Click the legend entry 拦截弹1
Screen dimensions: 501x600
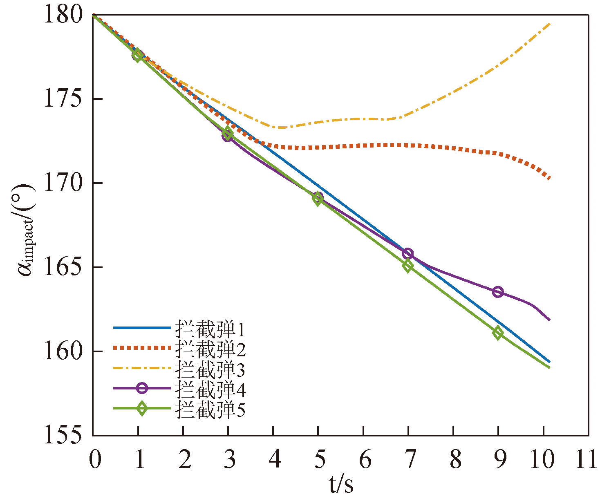(210, 329)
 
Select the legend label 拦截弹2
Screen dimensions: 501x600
(210, 349)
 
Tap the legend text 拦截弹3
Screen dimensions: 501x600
(210, 369)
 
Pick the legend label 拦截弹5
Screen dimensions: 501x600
(210, 409)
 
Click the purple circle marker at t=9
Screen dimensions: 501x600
(498, 292)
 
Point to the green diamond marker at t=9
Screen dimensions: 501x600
(498, 333)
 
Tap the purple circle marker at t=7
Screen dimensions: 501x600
(407, 254)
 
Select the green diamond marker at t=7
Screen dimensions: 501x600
(407, 266)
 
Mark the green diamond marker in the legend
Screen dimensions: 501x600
(141, 408)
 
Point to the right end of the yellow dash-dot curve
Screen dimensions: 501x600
(550, 24)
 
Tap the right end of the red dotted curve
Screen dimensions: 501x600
(550, 178)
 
